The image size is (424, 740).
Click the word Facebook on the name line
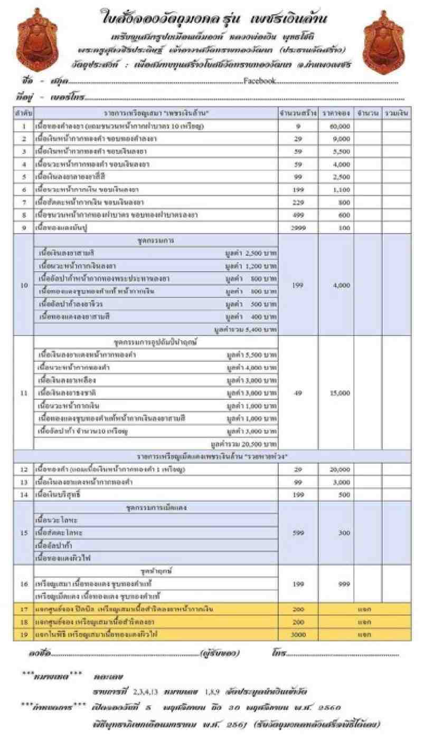coord(259,81)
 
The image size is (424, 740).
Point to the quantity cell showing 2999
coord(298,228)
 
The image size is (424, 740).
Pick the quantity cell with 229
coord(298,201)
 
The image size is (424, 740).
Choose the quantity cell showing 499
coord(298,215)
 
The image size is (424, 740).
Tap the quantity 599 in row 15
coord(298,533)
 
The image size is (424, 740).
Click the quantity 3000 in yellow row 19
coord(298,635)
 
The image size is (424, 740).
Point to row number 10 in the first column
coord(24,285)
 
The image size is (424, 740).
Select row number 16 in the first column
coord(24,584)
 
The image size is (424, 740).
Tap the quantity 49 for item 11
coord(298,393)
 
